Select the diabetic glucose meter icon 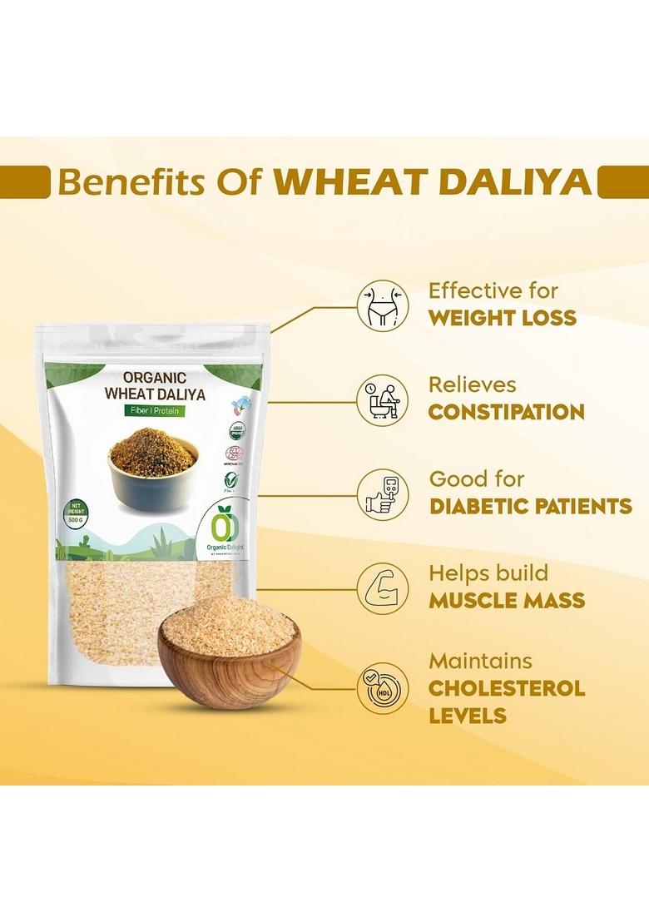(383, 494)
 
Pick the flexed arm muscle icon (383, 588)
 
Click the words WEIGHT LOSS (502, 318)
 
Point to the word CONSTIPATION (506, 412)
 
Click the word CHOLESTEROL (507, 689)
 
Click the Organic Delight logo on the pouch (224, 529)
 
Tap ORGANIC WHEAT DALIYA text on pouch (155, 384)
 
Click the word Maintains (480, 662)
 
